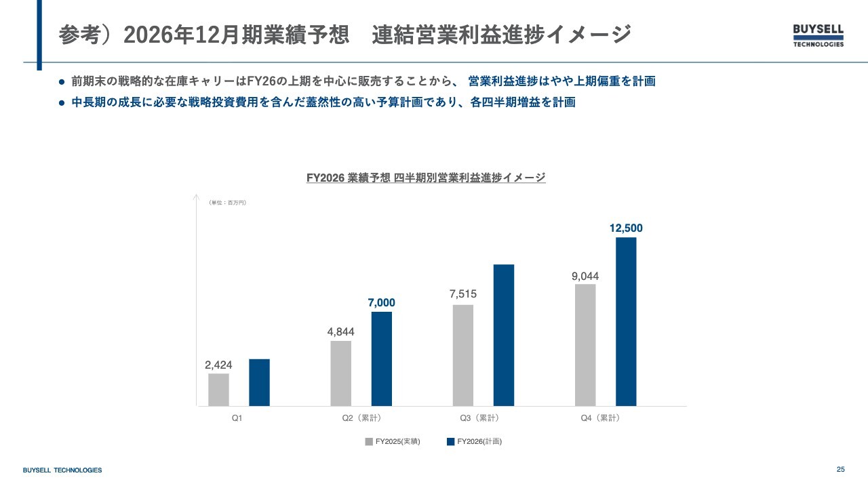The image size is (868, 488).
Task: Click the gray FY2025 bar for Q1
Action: coord(218,390)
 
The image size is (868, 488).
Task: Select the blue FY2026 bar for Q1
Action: coord(259,382)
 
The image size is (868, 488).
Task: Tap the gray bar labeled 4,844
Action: coord(340,373)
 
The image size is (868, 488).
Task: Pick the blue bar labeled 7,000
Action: coord(381,359)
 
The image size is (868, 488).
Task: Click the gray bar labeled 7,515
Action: coord(462,355)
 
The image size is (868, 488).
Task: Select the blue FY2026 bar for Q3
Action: coord(503,335)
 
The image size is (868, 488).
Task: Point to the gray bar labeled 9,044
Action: coord(585,345)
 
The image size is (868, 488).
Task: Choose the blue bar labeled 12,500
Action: coord(626,321)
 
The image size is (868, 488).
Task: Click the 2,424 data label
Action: coord(218,365)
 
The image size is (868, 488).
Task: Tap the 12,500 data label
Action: coord(626,228)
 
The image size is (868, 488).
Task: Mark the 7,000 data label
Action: coord(381,303)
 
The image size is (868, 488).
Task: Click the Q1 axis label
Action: coord(237,418)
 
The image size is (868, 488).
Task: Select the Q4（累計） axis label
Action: coord(600,418)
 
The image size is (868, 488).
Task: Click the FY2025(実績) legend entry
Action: coord(393,442)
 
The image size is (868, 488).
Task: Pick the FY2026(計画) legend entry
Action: coord(474,442)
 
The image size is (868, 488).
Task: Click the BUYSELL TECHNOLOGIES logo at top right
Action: coord(818,35)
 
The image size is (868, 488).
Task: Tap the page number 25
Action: coord(841,470)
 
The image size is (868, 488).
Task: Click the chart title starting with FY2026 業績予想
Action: coord(426,178)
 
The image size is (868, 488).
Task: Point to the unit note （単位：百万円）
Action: coord(228,203)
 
